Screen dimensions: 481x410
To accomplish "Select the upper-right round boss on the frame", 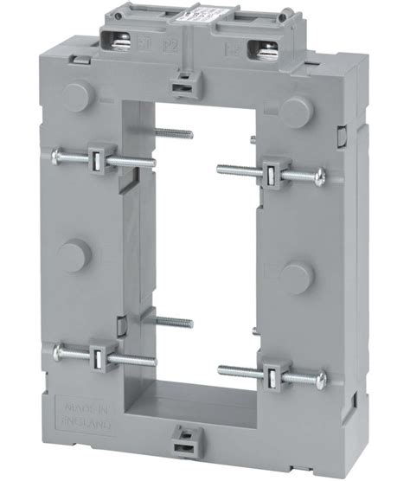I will tap(297, 107).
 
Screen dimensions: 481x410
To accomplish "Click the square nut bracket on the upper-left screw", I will tap(96, 158).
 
